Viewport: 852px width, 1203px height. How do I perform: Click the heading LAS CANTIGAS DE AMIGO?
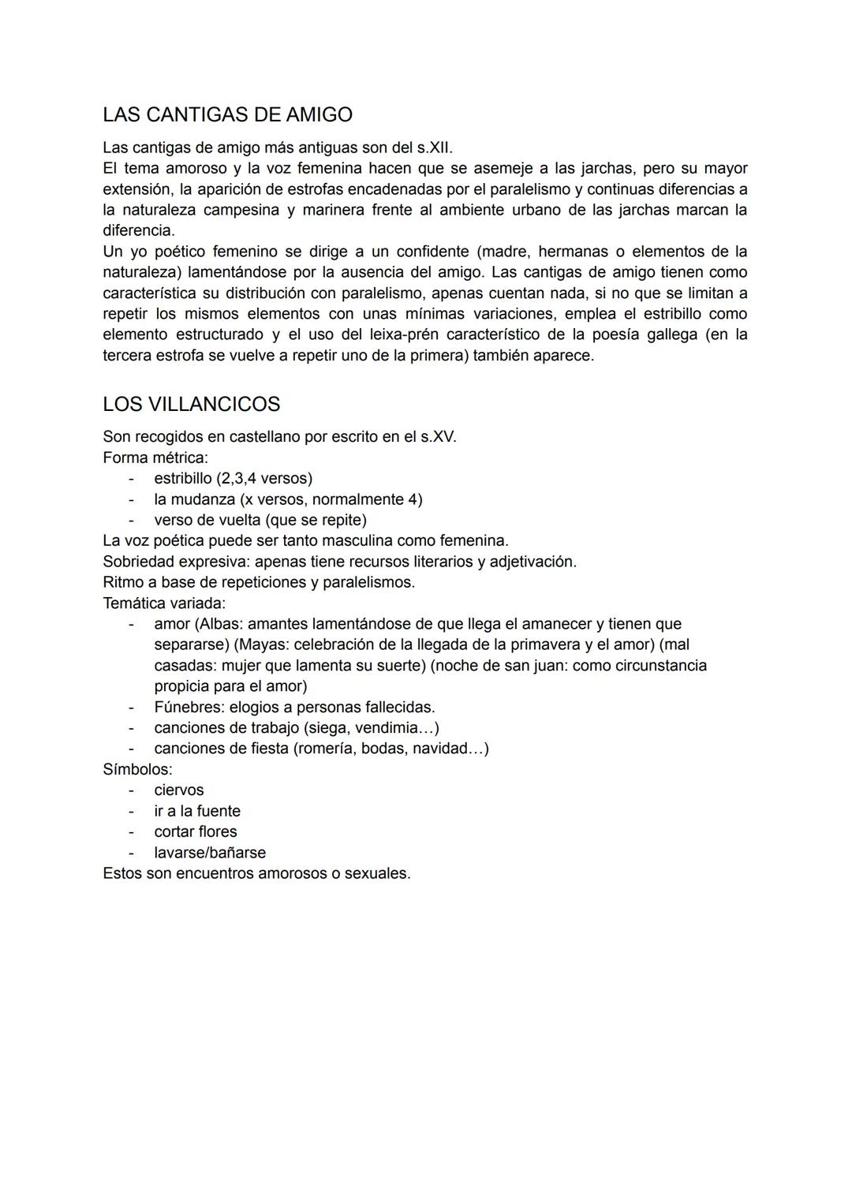pos(227,115)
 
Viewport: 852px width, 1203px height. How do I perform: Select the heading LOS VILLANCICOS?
pos(191,405)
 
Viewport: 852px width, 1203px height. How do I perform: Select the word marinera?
pos(331,210)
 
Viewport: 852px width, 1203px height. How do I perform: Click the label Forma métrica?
pos(155,458)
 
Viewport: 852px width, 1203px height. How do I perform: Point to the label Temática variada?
pos(164,603)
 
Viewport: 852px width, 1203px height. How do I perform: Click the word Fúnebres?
pos(186,708)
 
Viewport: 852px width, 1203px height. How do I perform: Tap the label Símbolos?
pos(137,769)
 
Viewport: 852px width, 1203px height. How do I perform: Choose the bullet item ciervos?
pos(179,790)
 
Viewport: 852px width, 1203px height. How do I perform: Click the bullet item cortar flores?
pos(196,831)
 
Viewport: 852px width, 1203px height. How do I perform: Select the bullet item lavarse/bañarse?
pos(210,853)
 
